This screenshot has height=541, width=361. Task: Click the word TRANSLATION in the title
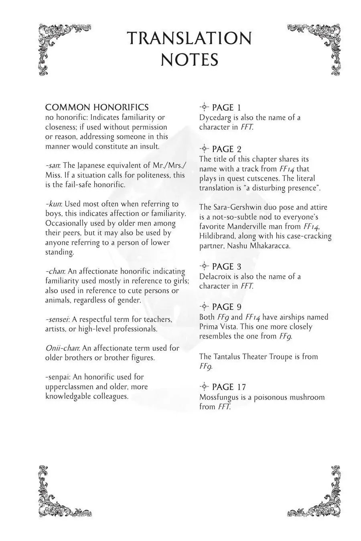coord(189,38)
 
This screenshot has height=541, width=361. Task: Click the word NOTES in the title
coord(189,60)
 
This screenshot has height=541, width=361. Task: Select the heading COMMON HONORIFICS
coord(97,107)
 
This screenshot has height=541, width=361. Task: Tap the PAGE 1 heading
coord(226,107)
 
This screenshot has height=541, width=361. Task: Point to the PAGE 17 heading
coord(229,387)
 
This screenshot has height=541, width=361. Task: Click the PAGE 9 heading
coord(227,307)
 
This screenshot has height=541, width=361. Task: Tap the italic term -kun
coord(53,204)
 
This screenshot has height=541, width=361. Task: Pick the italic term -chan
coord(55,271)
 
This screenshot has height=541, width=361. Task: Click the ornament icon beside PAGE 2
coord(204,149)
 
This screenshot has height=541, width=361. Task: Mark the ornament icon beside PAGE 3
coord(204,266)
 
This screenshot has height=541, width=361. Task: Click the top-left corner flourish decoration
coord(60,46)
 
